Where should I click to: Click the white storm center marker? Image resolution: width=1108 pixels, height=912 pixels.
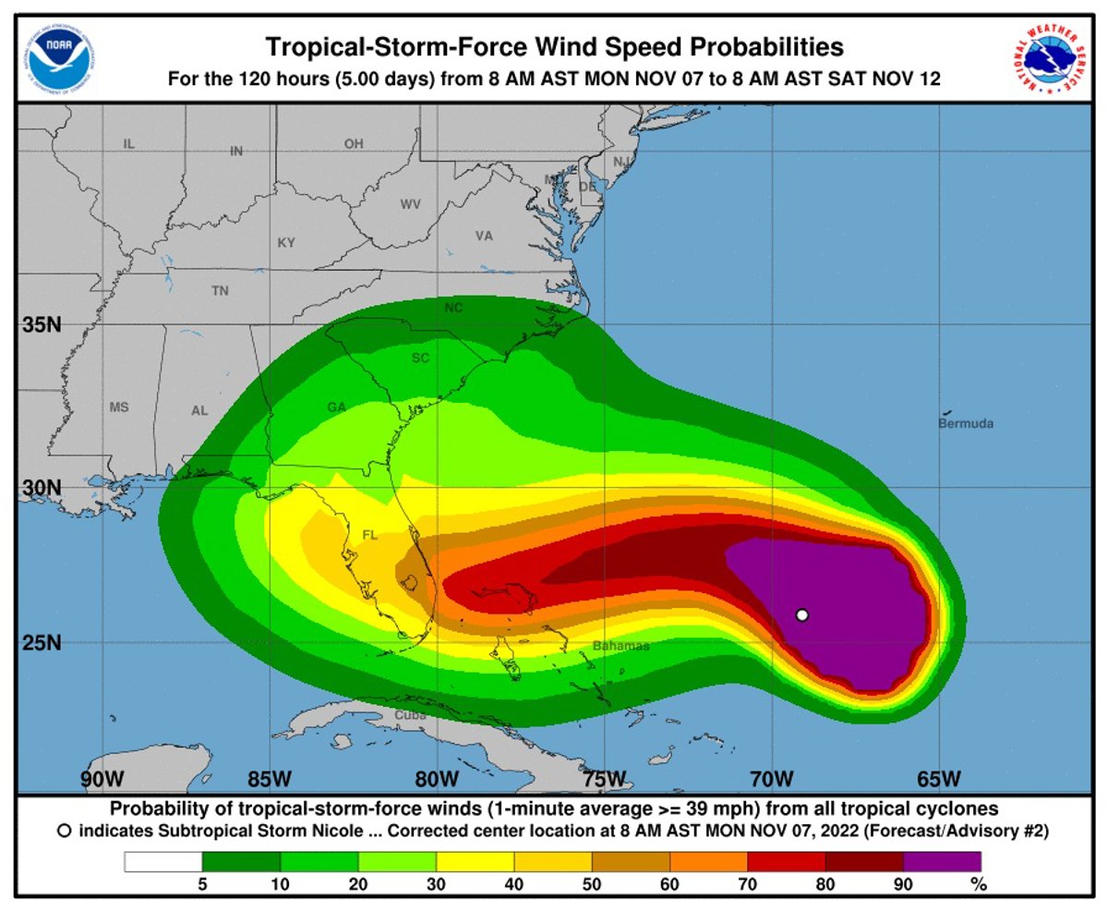[801, 615]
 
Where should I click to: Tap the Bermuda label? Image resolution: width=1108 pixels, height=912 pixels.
[966, 424]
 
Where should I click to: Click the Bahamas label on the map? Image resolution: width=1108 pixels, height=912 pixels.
[620, 646]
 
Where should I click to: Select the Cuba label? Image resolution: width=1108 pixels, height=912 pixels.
[411, 715]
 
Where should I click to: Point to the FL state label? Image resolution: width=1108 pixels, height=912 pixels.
[370, 535]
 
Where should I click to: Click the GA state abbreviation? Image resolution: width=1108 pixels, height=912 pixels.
[336, 407]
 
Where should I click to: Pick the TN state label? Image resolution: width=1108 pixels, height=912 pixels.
[220, 290]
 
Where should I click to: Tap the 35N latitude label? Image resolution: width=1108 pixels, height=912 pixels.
[42, 324]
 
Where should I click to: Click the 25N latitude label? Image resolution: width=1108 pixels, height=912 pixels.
[42, 642]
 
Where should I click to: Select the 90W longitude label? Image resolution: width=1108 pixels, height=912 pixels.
[102, 777]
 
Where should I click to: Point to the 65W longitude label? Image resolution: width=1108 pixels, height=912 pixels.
[939, 777]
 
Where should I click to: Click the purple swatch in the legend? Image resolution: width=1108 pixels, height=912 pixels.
[942, 862]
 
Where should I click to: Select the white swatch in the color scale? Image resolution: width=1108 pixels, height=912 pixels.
[163, 862]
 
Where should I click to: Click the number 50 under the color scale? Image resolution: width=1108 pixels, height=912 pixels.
[592, 884]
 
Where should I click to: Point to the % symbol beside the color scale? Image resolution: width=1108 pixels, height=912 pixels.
[979, 884]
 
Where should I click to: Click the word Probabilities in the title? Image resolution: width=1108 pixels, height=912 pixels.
[749, 46]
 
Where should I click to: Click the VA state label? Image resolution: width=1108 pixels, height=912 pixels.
[484, 236]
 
